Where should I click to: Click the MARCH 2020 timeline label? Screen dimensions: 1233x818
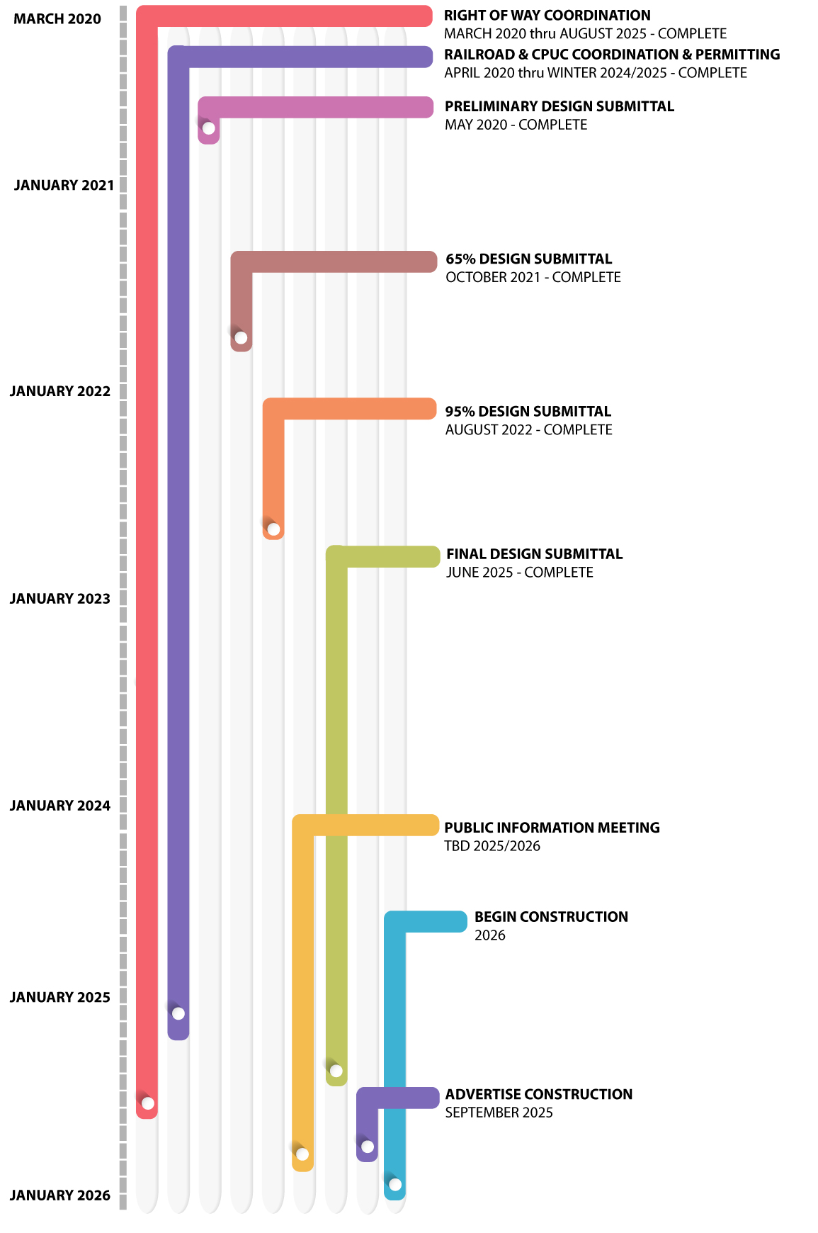[x=57, y=19]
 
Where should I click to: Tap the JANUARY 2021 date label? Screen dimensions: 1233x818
[x=64, y=186]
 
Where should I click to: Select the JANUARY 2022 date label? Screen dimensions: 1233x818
[x=60, y=391]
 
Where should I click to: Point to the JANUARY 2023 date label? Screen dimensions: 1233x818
[x=60, y=599]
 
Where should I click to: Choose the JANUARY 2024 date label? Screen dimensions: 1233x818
[x=60, y=806]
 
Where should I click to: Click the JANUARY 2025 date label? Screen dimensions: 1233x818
[x=60, y=998]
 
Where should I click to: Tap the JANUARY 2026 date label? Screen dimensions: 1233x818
[x=60, y=1195]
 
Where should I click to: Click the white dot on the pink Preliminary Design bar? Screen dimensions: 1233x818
[x=209, y=128]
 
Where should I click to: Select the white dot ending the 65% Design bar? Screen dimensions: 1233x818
[x=241, y=337]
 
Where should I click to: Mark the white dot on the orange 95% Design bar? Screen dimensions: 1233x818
[x=273, y=529]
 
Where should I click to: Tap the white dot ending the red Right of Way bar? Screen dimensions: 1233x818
[x=147, y=1103]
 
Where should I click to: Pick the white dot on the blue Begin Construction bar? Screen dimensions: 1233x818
[x=395, y=1185]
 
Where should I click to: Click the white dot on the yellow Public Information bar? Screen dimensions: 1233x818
[x=302, y=1154]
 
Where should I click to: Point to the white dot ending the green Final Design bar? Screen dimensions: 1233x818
[x=336, y=1071]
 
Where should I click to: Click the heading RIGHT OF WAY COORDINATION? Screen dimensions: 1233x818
[x=547, y=16]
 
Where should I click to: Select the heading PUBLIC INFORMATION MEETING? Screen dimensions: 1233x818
[x=552, y=828]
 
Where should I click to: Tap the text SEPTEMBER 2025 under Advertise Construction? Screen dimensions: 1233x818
[x=499, y=1113]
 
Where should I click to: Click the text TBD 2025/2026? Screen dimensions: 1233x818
[x=492, y=846]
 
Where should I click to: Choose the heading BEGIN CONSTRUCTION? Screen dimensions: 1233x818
[x=551, y=917]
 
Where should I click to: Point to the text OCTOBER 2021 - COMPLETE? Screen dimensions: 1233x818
[x=533, y=277]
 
